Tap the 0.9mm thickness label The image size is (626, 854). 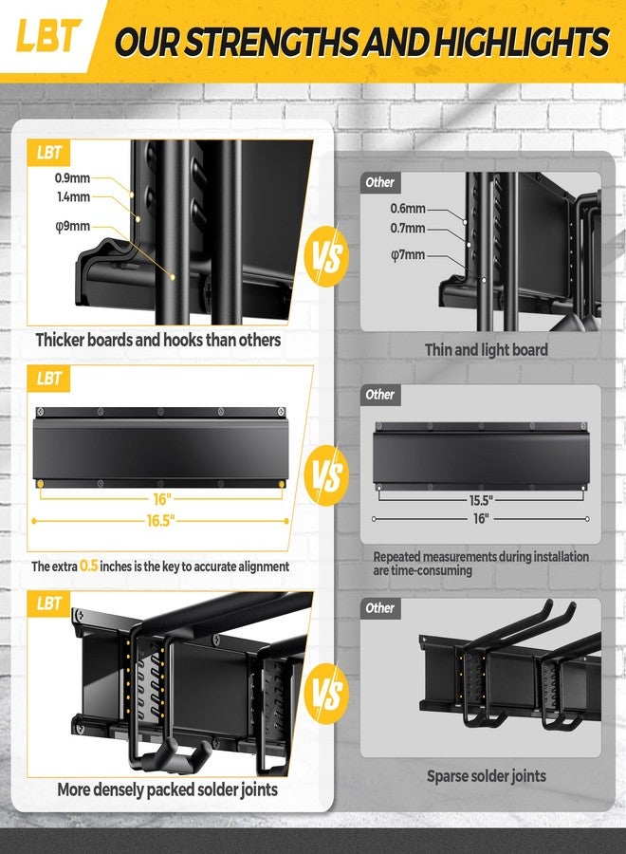click(x=73, y=176)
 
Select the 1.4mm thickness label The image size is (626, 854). click(x=73, y=197)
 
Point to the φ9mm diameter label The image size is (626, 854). click(x=73, y=226)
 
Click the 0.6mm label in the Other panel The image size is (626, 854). click(x=408, y=209)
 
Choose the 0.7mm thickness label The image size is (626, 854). click(x=408, y=229)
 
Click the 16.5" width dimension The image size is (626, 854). click(x=160, y=521)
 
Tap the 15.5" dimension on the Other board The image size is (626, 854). click(x=481, y=498)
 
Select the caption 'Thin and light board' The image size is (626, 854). click(x=486, y=350)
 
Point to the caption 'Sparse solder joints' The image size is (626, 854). click(x=486, y=776)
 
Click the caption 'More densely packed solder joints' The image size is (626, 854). click(x=167, y=789)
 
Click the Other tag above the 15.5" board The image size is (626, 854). click(x=380, y=394)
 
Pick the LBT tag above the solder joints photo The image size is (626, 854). click(x=50, y=603)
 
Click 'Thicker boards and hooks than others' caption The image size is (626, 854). click(x=158, y=339)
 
